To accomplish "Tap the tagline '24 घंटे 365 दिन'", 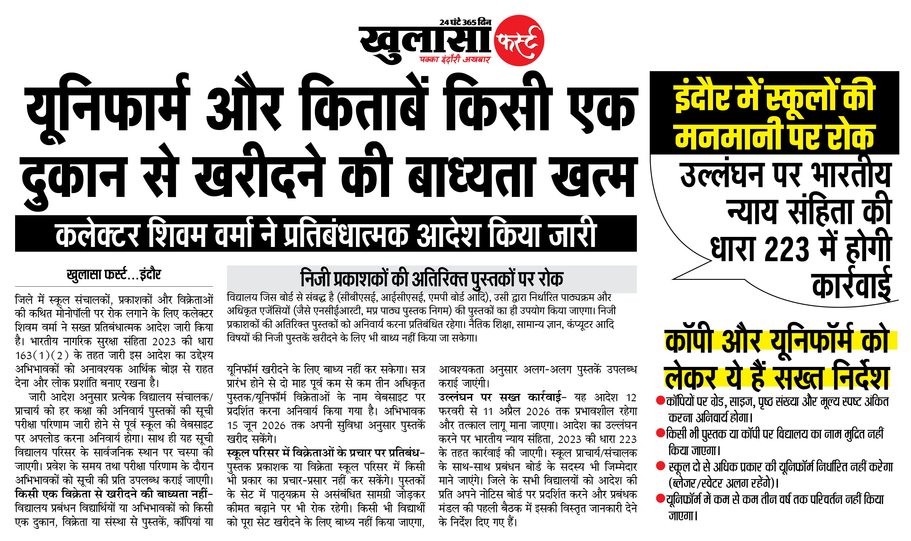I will (x=465, y=22).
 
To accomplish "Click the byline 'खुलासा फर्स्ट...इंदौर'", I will (x=114, y=274).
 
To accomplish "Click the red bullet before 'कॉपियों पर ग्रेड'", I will (x=660, y=401).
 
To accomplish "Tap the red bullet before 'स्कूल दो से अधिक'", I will (x=660, y=465).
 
